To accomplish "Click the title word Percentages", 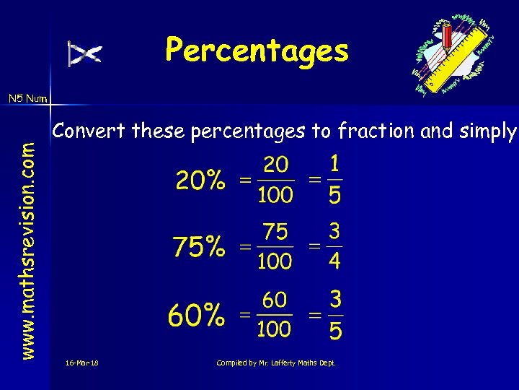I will pyautogui.click(x=257, y=51).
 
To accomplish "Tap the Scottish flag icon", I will pyautogui.click(x=85, y=53).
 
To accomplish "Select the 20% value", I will pyautogui.click(x=200, y=181).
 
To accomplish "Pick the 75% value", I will pyautogui.click(x=198, y=248).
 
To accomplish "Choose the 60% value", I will pyautogui.click(x=195, y=315).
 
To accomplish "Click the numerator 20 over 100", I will pyautogui.click(x=275, y=165).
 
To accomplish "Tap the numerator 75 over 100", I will pyautogui.click(x=275, y=232).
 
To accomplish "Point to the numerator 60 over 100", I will pyautogui.click(x=275, y=299).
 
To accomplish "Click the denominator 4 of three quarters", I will pyautogui.click(x=334, y=261).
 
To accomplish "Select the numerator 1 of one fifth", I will pyautogui.click(x=334, y=164).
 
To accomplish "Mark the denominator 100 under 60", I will pyautogui.click(x=275, y=329).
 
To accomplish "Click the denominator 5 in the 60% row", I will pyautogui.click(x=334, y=330).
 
